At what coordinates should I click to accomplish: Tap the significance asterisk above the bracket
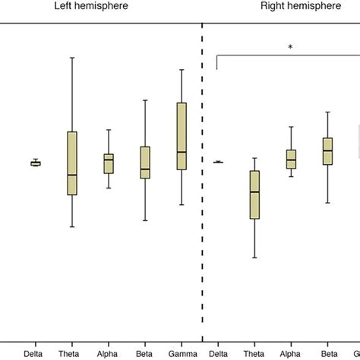pos(290,47)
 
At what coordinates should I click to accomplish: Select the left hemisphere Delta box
pos(36,163)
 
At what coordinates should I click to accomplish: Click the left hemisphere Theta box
pos(72,163)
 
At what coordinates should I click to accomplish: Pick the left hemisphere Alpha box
pos(109,163)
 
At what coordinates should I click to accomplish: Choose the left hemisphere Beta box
pos(145,163)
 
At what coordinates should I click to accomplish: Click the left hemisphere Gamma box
pos(182,136)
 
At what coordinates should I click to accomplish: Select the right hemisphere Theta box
pos(254,194)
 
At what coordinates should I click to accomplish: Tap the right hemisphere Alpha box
pos(291,159)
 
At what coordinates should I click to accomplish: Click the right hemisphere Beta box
pos(327,151)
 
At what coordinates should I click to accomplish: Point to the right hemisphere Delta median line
pos(218,162)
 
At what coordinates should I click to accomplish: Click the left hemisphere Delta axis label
pos(34,353)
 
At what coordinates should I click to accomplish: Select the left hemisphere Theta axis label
pos(71,353)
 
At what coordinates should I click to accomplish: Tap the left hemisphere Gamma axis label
pos(182,353)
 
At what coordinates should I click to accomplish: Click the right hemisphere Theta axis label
pos(254,353)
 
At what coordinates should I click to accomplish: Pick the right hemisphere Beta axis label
pos(328,353)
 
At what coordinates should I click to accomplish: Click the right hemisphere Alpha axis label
pos(291,353)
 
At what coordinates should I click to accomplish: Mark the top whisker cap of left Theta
pos(72,58)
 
